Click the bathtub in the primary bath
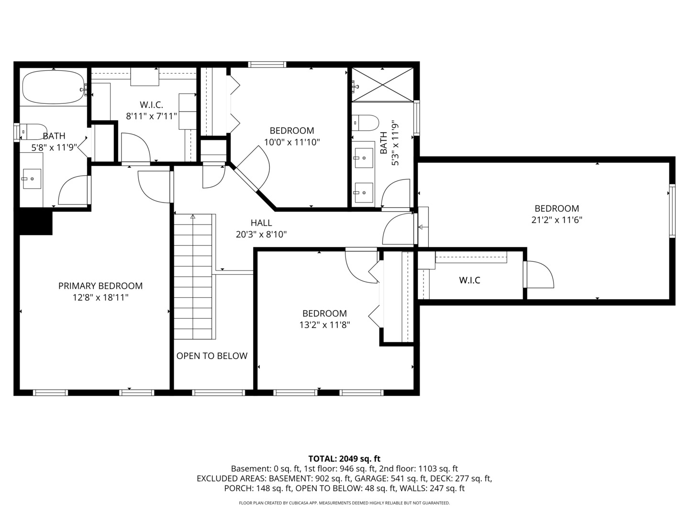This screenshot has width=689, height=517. tap(53, 87)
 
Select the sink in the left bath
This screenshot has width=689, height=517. tap(32, 179)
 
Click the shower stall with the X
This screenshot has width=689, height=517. tap(382, 85)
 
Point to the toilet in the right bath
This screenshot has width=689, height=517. tap(366, 123)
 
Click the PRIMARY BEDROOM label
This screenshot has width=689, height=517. tap(100, 286)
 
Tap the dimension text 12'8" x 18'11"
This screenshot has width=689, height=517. tap(100, 297)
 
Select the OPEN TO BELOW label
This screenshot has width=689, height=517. tap(212, 356)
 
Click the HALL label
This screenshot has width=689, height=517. tap(261, 223)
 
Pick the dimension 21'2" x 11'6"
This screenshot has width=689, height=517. tap(556, 220)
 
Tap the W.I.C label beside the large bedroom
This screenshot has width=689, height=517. tap(469, 280)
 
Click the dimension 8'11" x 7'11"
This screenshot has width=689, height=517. tap(152, 116)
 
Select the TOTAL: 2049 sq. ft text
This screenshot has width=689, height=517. tap(344, 459)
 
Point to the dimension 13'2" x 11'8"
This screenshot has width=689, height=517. tap(324, 325)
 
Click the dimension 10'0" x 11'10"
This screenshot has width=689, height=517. tap(292, 142)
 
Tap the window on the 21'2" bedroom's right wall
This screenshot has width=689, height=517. tap(672, 211)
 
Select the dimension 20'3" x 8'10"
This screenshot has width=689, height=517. tap(261, 234)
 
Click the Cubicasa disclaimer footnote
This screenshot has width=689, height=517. tap(344, 503)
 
